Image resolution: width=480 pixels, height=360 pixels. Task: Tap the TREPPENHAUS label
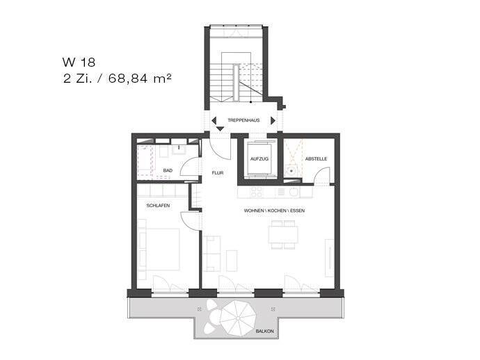point(243,120)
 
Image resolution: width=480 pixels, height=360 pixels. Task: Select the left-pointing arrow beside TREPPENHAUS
point(214,120)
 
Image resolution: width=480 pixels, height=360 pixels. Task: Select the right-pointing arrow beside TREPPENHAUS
point(273,120)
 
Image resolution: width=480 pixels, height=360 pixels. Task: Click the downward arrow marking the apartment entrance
point(220,129)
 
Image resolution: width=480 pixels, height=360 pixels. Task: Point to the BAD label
point(167,170)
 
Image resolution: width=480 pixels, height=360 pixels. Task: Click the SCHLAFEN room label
point(158,206)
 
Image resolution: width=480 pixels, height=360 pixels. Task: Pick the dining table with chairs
point(283,234)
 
